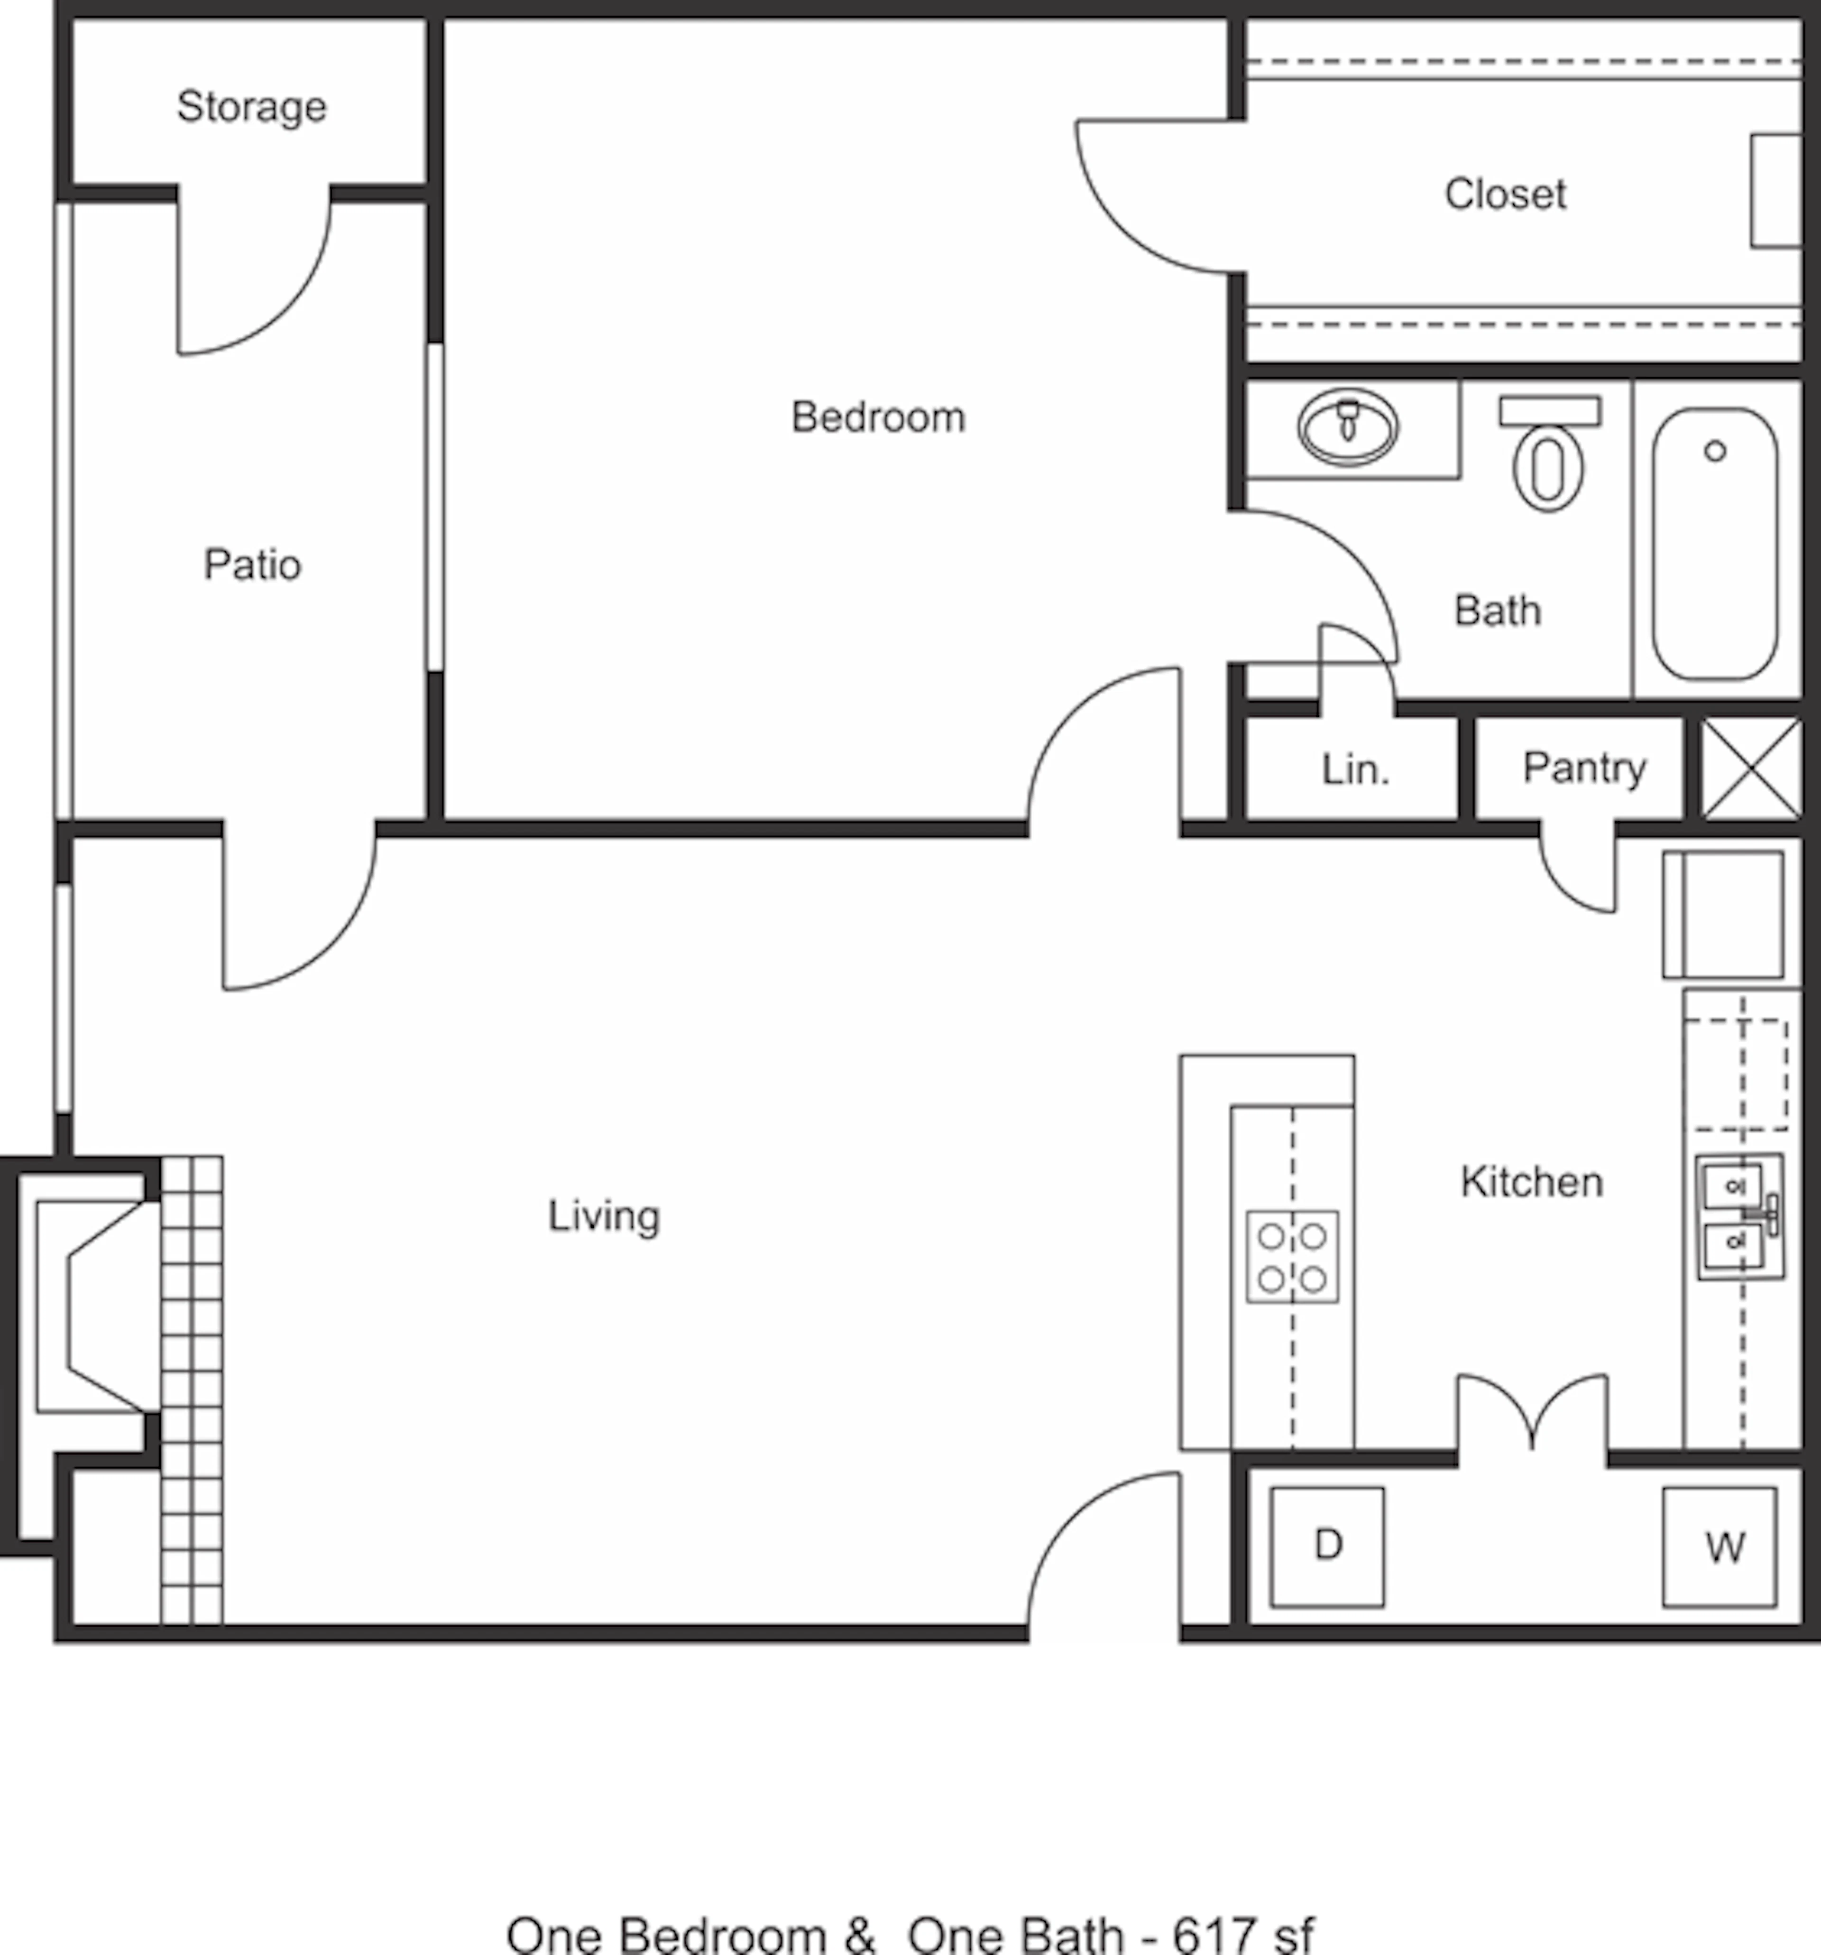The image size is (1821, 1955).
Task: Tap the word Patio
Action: click(253, 565)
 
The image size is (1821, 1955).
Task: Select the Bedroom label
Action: click(878, 417)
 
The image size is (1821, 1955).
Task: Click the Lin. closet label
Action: click(1355, 769)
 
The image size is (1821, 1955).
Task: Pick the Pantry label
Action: click(1584, 768)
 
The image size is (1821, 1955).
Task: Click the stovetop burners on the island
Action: click(1292, 1257)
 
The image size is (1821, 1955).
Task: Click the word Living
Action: click(604, 1216)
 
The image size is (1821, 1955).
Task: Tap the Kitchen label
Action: click(1531, 1181)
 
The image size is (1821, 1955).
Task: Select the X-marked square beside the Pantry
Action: click(1752, 768)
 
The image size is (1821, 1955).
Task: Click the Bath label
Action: click(1498, 611)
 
